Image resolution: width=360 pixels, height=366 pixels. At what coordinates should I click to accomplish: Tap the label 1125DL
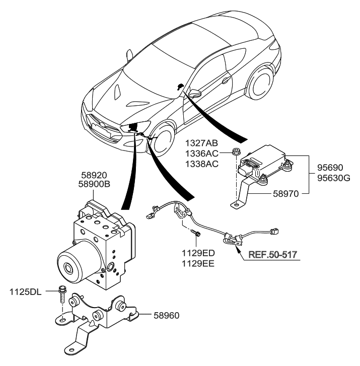point(28,291)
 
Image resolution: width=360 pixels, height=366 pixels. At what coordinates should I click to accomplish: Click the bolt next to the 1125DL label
point(62,292)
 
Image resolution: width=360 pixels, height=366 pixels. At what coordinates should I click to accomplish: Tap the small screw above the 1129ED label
point(197,233)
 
